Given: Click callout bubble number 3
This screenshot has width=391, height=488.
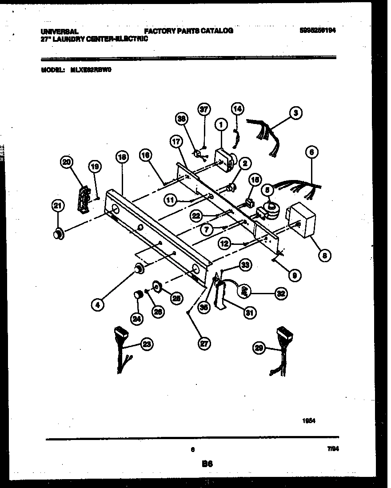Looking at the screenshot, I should pyautogui.click(x=295, y=113).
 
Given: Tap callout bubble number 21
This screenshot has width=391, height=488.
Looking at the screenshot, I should pyautogui.click(x=57, y=205).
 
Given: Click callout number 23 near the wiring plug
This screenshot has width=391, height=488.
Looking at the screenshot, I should pyautogui.click(x=146, y=343).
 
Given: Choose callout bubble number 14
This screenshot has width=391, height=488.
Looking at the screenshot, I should pyautogui.click(x=238, y=108).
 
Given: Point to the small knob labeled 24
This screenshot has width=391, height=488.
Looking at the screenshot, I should pyautogui.click(x=138, y=295).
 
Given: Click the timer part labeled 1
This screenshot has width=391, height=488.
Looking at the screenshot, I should pyautogui.click(x=224, y=159).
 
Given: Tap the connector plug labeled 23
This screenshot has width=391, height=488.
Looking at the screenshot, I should pyautogui.click(x=119, y=332).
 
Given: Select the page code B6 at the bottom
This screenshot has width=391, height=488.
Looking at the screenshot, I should pyautogui.click(x=207, y=464).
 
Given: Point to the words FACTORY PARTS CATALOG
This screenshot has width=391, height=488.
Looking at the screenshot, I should pyautogui.click(x=188, y=31).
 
